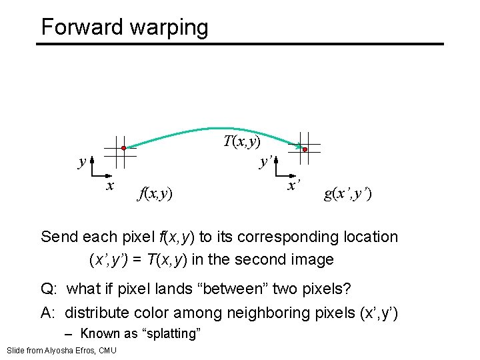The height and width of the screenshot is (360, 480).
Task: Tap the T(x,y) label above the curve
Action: [241, 141]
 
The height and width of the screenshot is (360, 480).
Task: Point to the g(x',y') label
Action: [348, 194]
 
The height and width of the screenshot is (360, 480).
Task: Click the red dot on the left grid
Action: [124, 148]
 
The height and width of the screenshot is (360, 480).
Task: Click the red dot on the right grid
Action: [305, 150]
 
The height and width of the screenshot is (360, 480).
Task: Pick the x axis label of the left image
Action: [111, 185]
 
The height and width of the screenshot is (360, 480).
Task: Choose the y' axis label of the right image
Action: [265, 161]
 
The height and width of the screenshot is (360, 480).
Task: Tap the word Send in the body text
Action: [60, 237]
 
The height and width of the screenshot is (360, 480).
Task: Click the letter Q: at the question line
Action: [48, 290]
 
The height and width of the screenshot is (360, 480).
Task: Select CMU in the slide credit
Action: [108, 351]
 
